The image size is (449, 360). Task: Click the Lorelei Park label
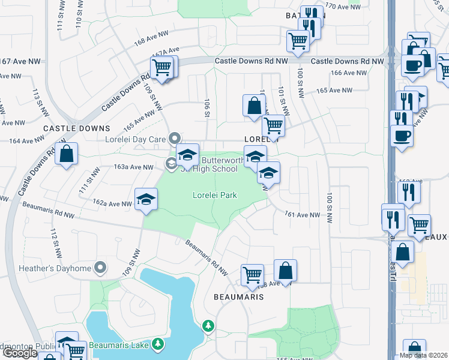coord(214,195)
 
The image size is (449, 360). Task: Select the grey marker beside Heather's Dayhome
coord(101,267)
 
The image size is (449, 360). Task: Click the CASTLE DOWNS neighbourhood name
coord(77,128)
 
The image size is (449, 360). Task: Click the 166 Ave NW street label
coord(348,73)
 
